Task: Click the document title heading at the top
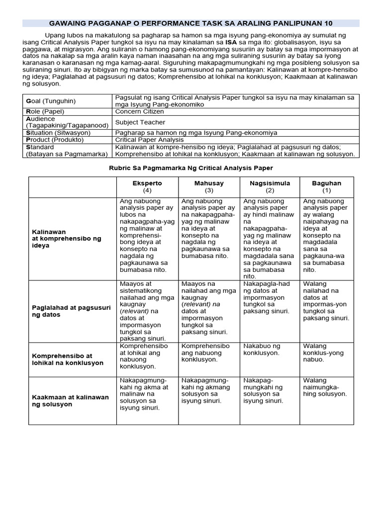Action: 191,23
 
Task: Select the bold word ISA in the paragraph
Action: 231,43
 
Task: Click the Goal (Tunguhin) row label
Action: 51,101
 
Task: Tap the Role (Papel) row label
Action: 47,111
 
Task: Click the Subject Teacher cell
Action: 140,122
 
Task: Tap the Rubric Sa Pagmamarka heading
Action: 191,168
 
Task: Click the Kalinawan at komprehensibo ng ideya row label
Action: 67,239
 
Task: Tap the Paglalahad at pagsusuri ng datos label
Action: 71,311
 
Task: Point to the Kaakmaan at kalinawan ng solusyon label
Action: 70,401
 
